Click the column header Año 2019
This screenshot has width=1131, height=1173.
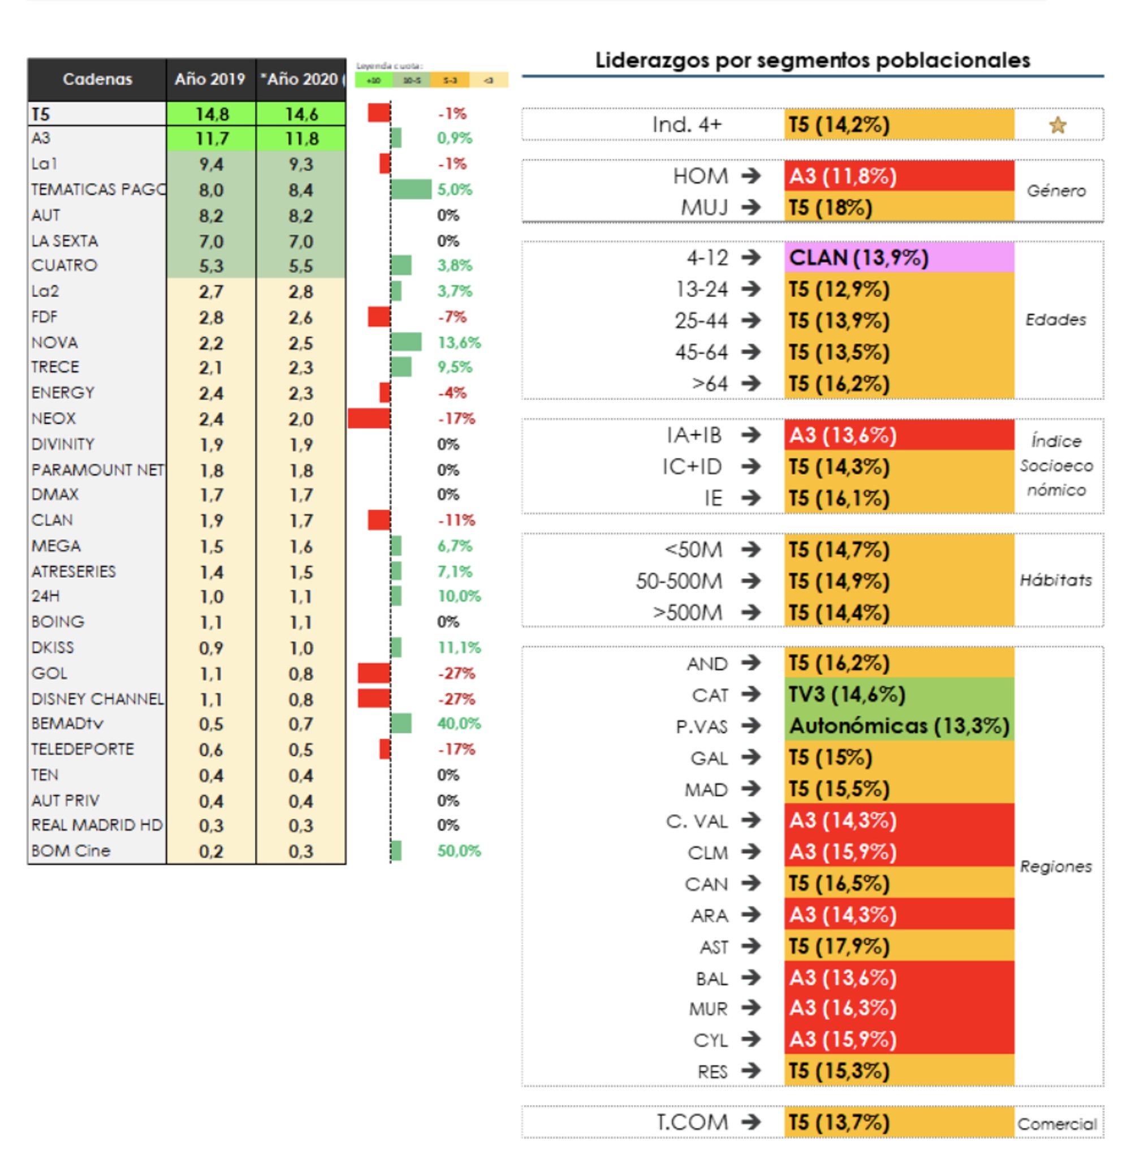210,79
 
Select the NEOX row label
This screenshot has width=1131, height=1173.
54,418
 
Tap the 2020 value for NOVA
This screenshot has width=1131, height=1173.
300,343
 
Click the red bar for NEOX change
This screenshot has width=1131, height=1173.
369,418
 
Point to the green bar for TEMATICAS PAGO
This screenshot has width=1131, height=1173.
411,189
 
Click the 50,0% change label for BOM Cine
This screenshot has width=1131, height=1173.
459,850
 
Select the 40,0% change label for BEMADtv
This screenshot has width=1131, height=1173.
459,723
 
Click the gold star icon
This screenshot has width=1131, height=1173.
1057,125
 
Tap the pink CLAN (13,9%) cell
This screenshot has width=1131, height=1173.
899,258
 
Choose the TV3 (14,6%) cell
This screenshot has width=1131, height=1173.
899,694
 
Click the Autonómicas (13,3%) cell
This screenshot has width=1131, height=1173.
899,726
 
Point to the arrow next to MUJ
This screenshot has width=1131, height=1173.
750,207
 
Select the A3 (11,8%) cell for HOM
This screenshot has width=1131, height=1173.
899,176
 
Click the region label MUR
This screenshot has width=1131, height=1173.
708,1009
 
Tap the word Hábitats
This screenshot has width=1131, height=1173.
1056,580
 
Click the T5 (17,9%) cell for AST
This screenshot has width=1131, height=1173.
899,946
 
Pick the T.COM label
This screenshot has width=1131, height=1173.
692,1122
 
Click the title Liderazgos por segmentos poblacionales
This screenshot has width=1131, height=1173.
812,61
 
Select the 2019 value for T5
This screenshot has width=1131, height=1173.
211,114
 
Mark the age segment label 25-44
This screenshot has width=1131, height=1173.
701,321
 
